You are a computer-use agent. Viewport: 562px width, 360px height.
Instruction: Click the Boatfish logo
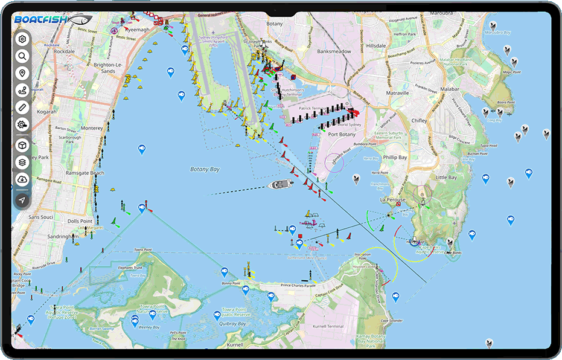[x=53, y=20]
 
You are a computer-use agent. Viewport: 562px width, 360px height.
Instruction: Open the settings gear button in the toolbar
[x=22, y=39]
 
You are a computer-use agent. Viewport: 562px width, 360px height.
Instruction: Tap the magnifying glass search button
[x=22, y=56]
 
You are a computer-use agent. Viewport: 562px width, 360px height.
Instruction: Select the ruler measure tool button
[x=22, y=108]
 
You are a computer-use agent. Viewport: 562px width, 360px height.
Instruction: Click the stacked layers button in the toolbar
[x=22, y=162]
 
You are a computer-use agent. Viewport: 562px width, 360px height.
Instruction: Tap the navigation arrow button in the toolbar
[x=22, y=200]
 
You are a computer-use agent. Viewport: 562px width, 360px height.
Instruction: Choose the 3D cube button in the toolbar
[x=22, y=146]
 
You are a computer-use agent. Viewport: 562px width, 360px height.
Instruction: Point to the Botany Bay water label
[x=205, y=170]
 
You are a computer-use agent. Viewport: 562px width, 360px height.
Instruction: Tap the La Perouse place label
[x=392, y=199]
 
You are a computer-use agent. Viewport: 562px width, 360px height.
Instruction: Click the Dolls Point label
[x=80, y=221]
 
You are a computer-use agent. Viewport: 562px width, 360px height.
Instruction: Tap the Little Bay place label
[x=446, y=178]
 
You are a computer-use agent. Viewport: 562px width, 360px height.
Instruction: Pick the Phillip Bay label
[x=395, y=158]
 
